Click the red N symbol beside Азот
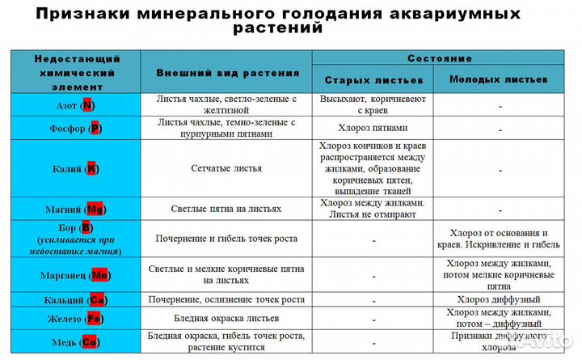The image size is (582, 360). tap(87, 106)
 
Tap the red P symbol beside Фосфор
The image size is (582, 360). tap(95, 129)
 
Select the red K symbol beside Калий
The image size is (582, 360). tap(92, 169)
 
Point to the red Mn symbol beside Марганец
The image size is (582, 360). tap(99, 276)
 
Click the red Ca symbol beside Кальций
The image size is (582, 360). tap(97, 300)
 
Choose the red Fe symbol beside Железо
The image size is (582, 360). tap(94, 320)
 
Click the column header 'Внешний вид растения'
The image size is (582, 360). tap(227, 73)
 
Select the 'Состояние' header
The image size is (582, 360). tap(440, 59)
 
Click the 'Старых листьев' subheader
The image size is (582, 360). tap(373, 81)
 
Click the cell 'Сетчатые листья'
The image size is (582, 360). tap(226, 168)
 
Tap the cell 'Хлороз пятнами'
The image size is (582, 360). tap(373, 128)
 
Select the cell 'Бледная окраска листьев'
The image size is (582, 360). tap(226, 320)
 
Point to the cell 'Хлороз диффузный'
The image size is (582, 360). tap(499, 300)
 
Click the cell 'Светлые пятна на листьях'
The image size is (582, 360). tap(226, 209)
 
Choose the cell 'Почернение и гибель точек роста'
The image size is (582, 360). tap(226, 239)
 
